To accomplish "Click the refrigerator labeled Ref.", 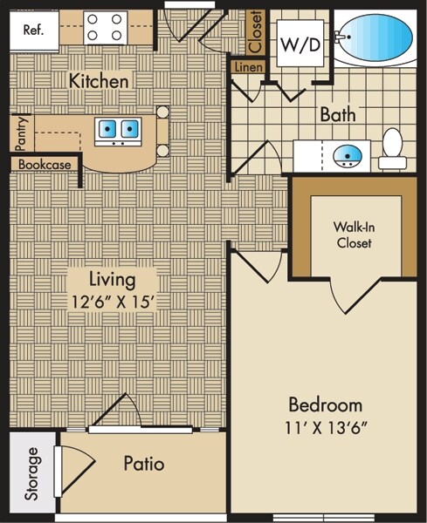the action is (x=34, y=31).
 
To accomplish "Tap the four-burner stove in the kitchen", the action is (x=105, y=28).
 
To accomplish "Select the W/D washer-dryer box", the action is (x=300, y=44).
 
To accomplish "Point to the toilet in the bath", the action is (x=392, y=149).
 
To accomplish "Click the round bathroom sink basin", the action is (x=348, y=156).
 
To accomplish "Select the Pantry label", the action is (x=21, y=133).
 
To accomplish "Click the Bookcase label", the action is (x=45, y=165).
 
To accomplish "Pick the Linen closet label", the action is (x=248, y=67).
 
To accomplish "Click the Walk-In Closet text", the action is (x=354, y=234).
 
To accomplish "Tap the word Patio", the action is (x=144, y=464).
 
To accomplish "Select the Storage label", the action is (x=32, y=473).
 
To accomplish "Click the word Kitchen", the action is (x=99, y=81).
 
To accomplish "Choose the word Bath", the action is (x=338, y=114).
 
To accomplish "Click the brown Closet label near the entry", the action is (x=255, y=31).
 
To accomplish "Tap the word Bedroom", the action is (x=326, y=404).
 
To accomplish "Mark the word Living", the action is (x=113, y=280).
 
